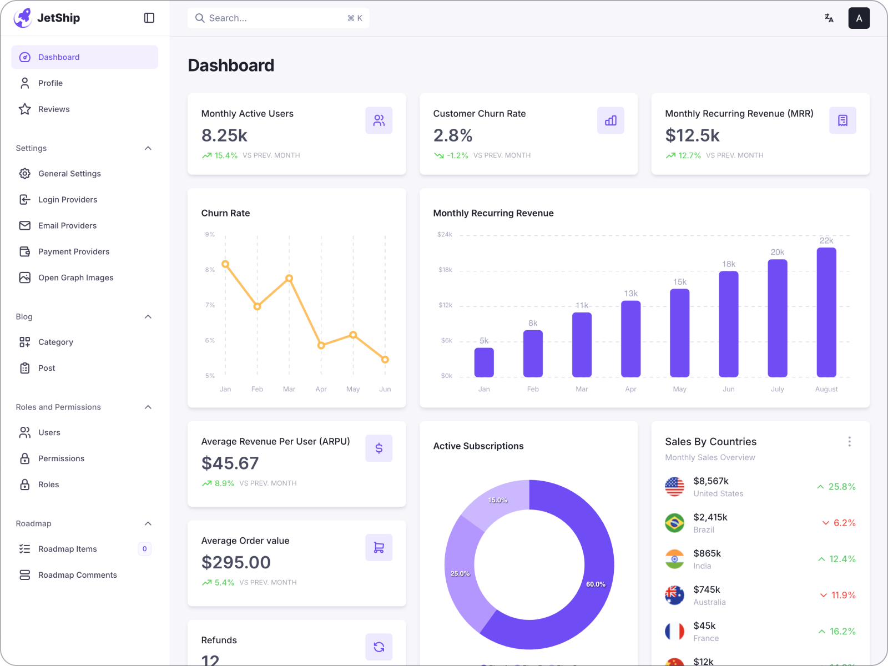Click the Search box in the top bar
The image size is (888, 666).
277,18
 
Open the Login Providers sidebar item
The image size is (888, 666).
67,200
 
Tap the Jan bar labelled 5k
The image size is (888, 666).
484,362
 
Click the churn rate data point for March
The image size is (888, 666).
289,279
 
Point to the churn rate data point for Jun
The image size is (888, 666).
385,360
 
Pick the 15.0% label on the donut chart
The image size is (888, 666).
498,500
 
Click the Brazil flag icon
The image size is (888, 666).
674,523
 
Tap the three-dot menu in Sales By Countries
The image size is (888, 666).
849,442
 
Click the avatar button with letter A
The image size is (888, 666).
859,18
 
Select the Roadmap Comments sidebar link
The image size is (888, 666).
77,575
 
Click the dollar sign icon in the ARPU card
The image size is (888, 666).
379,448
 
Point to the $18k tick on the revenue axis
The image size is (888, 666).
445,270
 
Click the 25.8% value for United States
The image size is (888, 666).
841,487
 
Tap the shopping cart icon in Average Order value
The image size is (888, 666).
379,548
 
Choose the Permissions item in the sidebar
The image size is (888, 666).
61,458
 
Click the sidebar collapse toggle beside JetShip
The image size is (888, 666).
149,18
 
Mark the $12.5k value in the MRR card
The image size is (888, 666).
692,135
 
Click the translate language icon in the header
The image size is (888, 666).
829,18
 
